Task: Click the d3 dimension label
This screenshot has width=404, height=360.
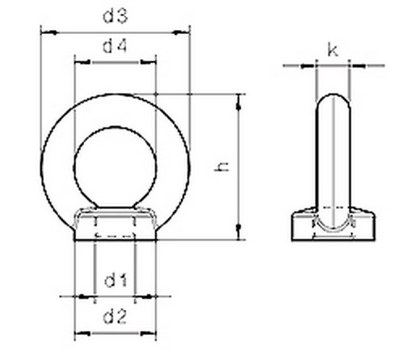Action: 116,15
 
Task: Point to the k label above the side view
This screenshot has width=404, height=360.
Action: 333,50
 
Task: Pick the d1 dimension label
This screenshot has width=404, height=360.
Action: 116,281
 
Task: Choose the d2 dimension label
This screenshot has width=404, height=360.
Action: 116,316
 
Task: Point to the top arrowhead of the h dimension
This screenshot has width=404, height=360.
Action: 239,98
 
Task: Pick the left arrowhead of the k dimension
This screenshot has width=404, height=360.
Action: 311,65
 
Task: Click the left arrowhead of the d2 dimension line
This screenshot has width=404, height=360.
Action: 78,332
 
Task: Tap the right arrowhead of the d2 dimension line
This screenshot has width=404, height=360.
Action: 153,332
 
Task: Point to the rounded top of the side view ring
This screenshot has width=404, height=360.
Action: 333,100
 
